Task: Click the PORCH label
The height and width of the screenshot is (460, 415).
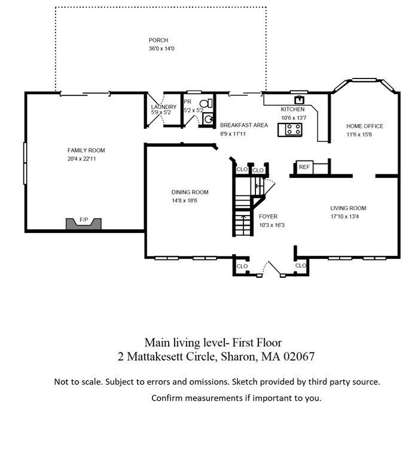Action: point(158,40)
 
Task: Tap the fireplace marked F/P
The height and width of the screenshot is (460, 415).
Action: point(84,223)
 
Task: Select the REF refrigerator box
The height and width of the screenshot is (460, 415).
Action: point(304,167)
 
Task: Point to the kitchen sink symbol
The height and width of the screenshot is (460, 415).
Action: point(299,100)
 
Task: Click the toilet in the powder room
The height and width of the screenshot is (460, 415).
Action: point(206,103)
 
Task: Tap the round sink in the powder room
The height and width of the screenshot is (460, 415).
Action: point(208,119)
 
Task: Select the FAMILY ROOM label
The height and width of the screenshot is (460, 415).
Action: point(86,150)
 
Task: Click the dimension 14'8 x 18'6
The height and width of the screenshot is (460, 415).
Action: point(184,201)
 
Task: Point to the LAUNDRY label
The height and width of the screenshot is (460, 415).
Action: point(164,107)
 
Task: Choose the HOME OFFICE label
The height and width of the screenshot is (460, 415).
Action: point(365,126)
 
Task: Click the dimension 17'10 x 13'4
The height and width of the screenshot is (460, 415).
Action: point(344,217)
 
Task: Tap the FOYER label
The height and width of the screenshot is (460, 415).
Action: point(268,216)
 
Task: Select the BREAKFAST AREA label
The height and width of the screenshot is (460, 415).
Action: point(244,125)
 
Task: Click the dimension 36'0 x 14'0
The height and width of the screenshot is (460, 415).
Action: point(161,49)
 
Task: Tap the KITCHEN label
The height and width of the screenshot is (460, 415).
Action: point(292,110)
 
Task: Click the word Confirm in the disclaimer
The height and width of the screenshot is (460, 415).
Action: point(167,398)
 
